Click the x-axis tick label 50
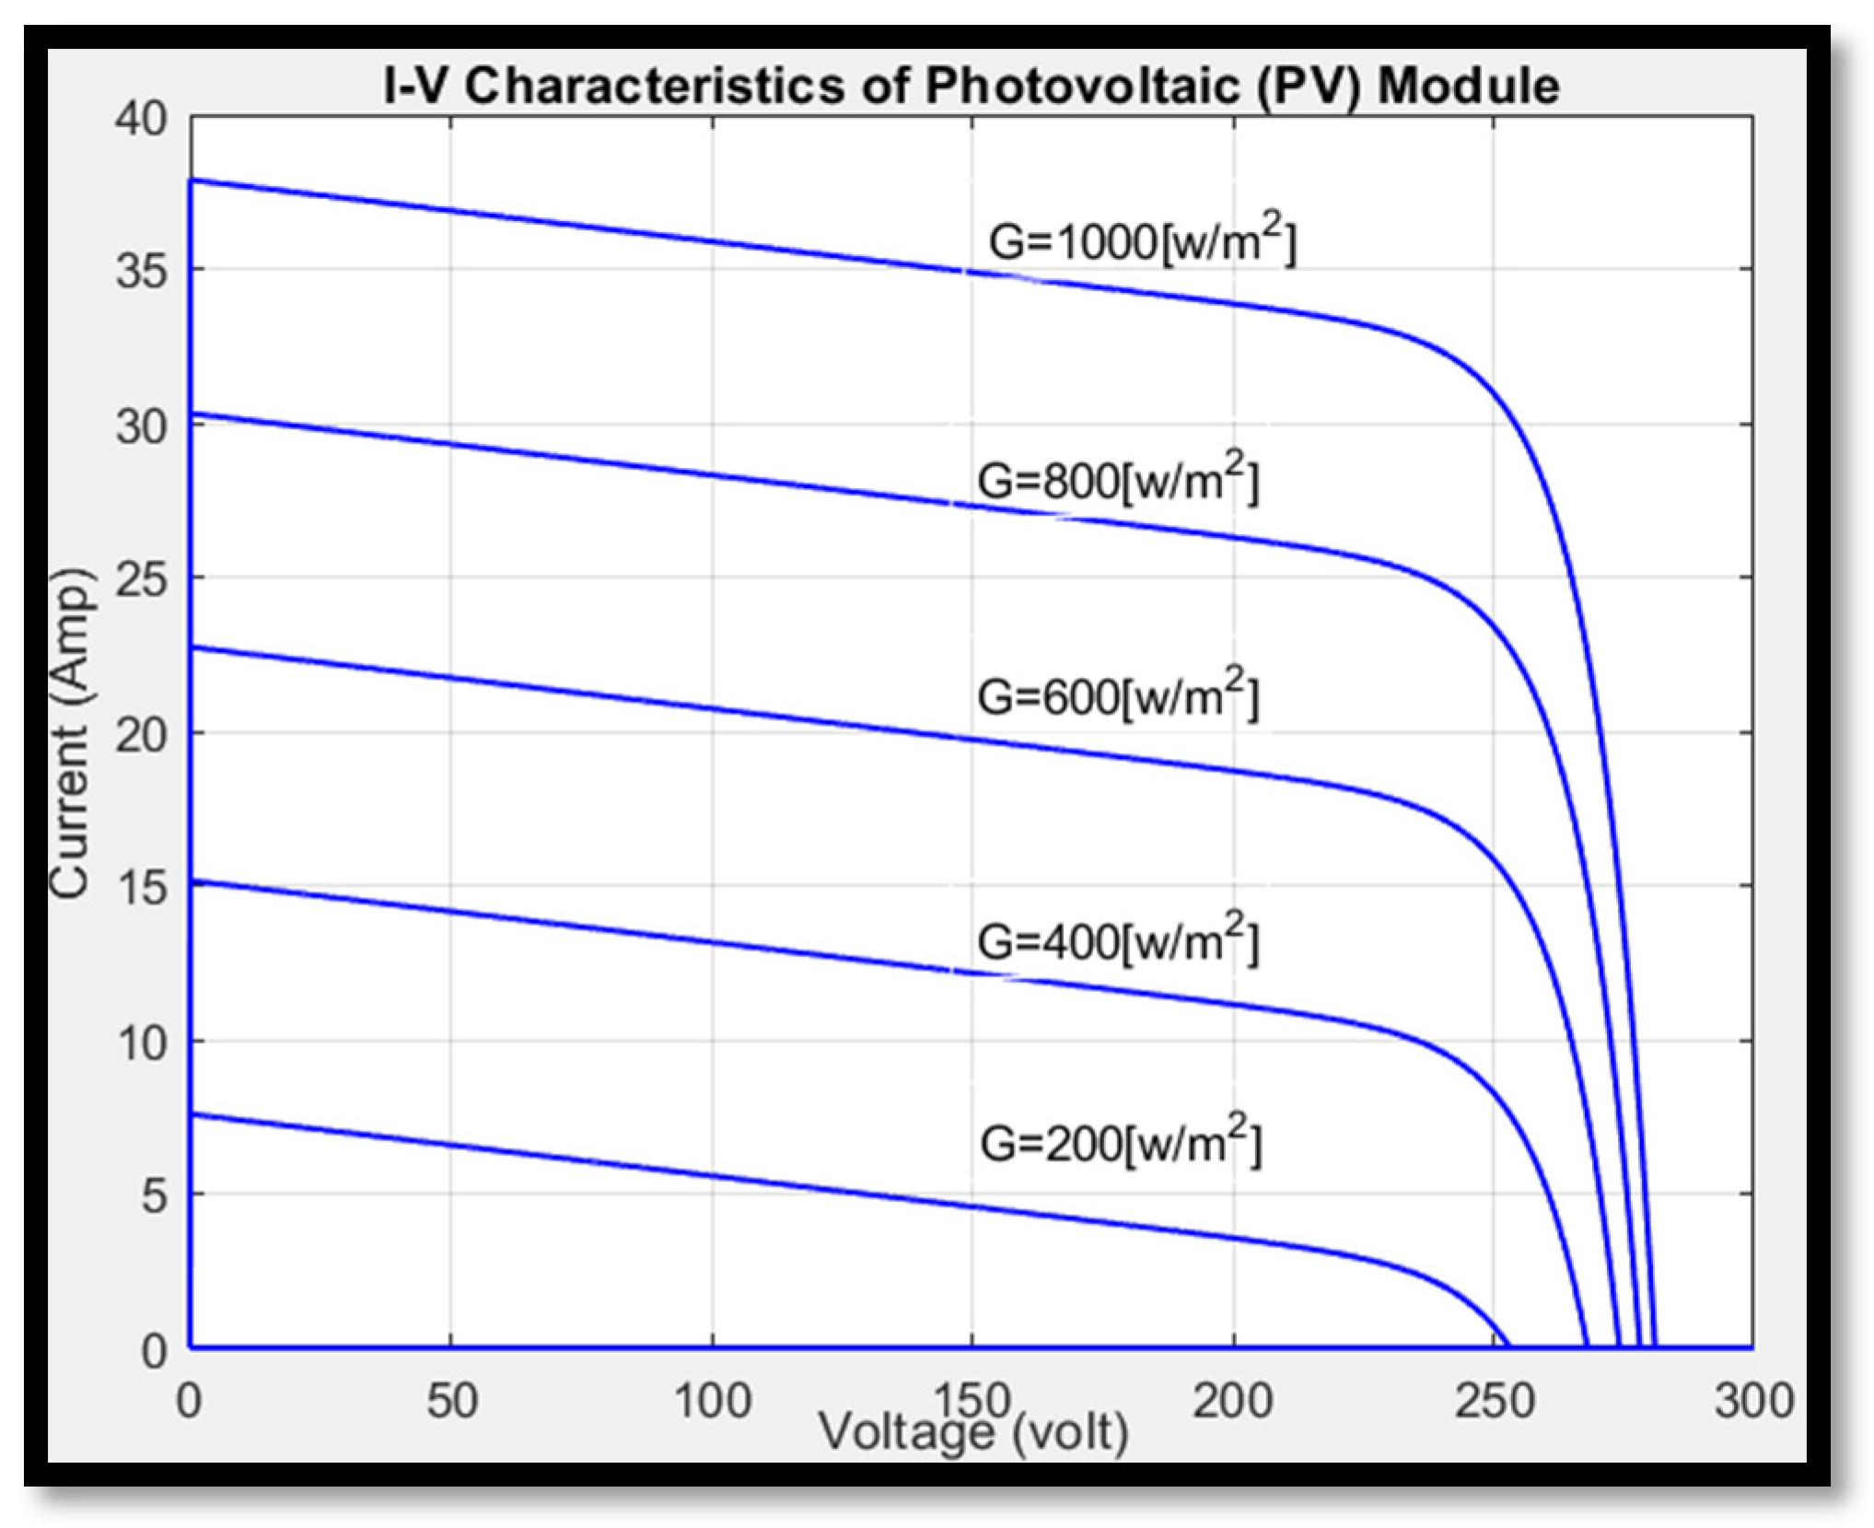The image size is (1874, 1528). coord(451,1401)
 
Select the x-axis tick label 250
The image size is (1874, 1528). coord(1494,1401)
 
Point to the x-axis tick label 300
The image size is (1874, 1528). coord(1753,1401)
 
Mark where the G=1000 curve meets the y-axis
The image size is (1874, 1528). coord(191,180)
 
